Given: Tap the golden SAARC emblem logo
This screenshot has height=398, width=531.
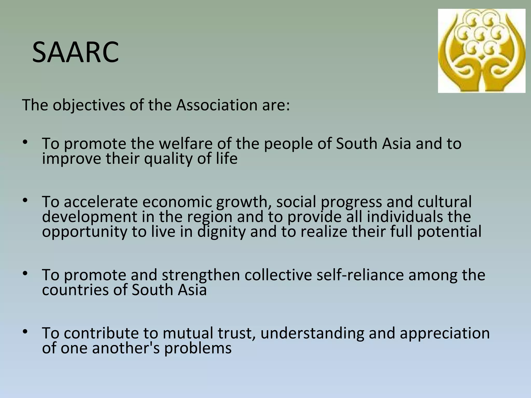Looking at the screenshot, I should click(481, 51).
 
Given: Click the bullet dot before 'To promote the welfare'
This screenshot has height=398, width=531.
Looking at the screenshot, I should click(25, 142).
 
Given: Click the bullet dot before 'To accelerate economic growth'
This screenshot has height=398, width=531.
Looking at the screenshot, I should click(25, 200).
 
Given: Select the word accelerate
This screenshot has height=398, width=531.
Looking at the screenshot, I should click(101, 202).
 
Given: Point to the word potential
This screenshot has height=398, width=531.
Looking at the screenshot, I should click(449, 232).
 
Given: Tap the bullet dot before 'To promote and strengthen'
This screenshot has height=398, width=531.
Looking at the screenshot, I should click(25, 273).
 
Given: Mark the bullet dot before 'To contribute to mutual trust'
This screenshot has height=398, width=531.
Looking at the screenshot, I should click(25, 331).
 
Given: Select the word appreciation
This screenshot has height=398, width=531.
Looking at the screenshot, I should click(445, 333).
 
